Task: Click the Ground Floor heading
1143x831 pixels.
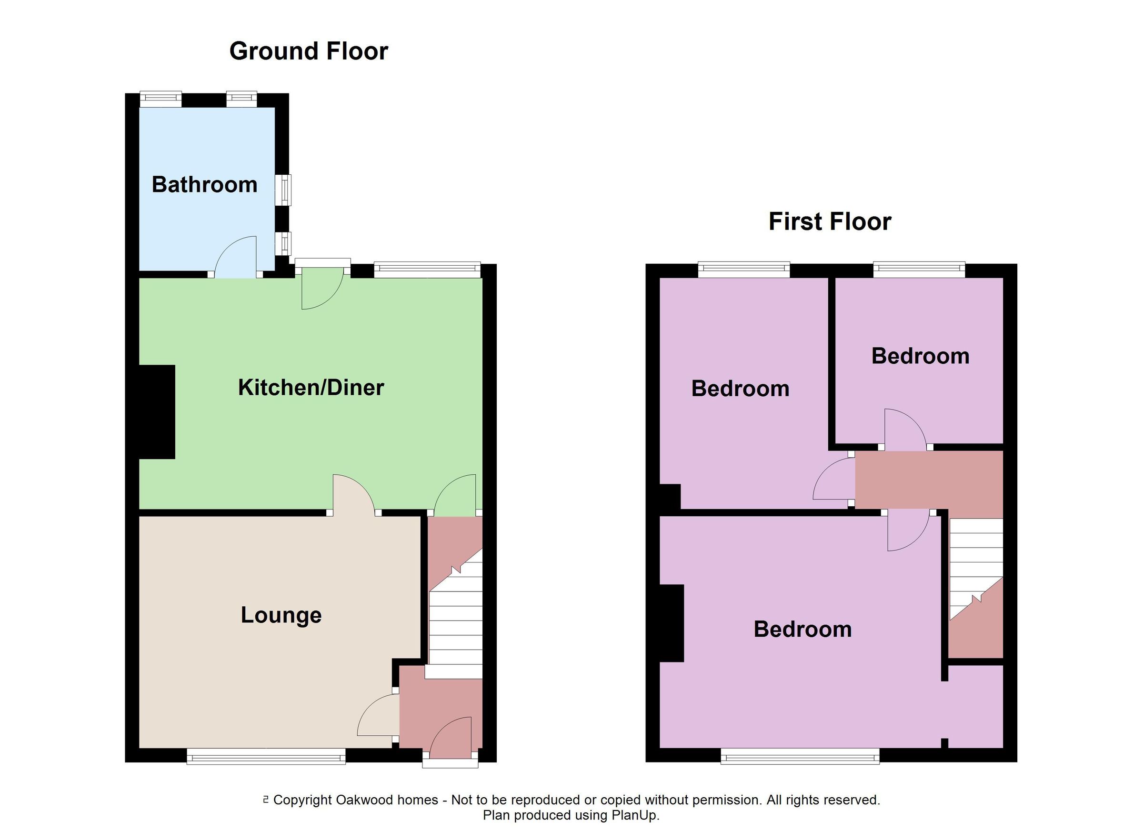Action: point(309,51)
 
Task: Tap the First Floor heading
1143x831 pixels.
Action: point(830,222)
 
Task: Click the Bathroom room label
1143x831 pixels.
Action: point(204,184)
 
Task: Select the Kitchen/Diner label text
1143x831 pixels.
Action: point(311,388)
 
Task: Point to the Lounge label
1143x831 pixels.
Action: point(281,615)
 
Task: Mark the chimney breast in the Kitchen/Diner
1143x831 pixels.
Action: point(157,412)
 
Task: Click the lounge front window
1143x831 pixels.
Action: point(266,756)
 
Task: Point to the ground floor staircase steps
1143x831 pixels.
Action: point(455,630)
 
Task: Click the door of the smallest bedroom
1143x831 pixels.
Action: point(905,430)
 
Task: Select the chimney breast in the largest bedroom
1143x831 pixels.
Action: point(672,623)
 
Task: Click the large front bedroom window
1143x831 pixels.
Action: point(800,756)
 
